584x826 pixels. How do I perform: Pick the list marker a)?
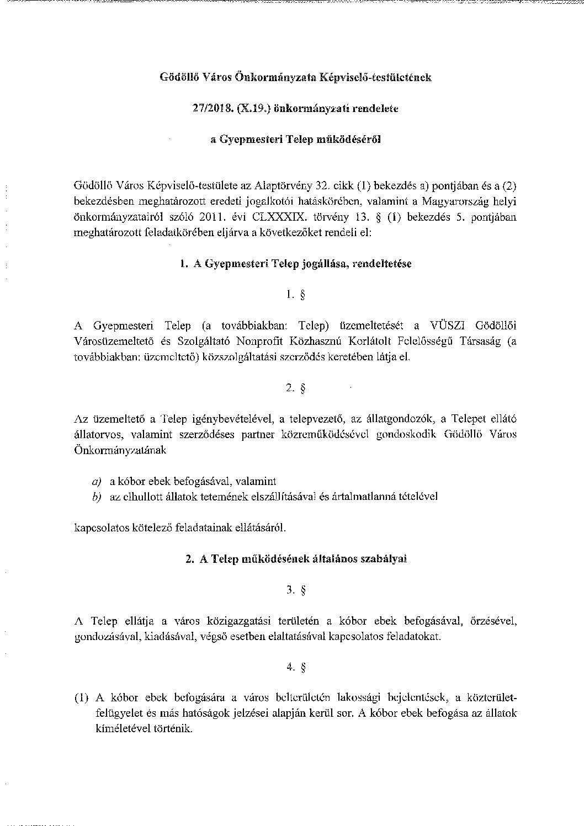tap(97, 481)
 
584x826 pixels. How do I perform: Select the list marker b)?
tap(97, 497)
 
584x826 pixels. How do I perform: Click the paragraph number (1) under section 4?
tap(81, 698)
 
